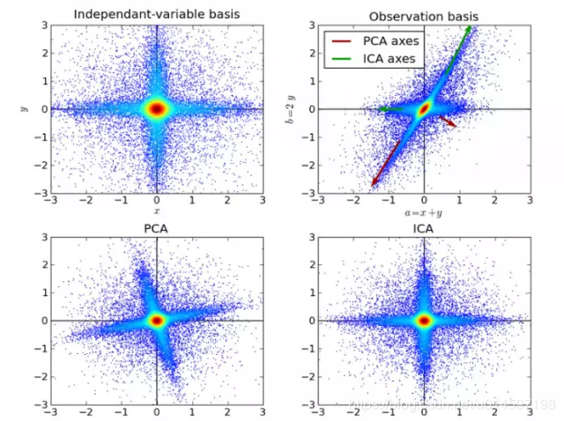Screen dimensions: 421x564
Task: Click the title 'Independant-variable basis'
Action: pyautogui.click(x=157, y=14)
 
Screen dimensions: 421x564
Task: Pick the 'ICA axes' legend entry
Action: pyautogui.click(x=390, y=58)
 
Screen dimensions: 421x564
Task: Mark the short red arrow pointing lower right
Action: pyautogui.click(x=447, y=121)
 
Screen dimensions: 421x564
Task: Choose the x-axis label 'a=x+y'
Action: pyautogui.click(x=424, y=212)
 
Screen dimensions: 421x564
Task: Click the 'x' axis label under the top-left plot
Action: pyautogui.click(x=157, y=211)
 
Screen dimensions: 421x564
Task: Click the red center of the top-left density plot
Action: pyautogui.click(x=157, y=108)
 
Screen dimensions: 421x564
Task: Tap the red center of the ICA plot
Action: pyautogui.click(x=424, y=321)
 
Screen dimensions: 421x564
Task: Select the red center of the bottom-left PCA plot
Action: pyautogui.click(x=157, y=321)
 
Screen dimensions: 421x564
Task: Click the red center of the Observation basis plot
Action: pyautogui.click(x=424, y=109)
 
